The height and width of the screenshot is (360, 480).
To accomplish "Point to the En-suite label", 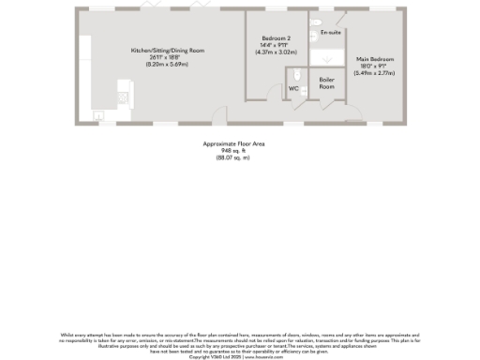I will pos(330,33).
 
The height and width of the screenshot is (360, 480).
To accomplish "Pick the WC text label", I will pos(292,88).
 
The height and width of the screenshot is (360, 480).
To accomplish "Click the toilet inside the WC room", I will pos(298,76).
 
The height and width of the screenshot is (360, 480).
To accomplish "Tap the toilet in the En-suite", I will pos(316,21).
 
